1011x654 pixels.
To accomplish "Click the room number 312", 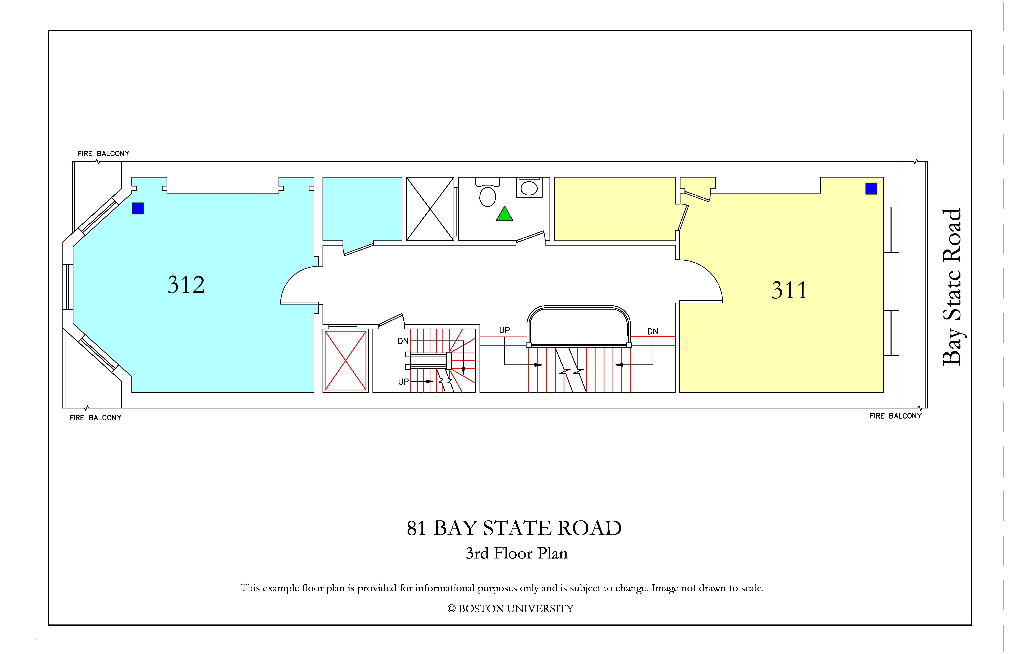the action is (186, 285).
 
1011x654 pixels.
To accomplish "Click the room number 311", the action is (789, 291).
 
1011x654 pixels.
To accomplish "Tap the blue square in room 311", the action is (871, 188).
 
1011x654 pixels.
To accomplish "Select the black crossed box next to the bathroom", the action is (430, 209).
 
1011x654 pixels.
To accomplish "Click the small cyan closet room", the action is (362, 209).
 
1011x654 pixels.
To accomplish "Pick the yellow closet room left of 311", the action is (615, 209).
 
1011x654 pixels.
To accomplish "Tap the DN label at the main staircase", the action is (653, 331).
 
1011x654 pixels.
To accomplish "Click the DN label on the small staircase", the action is (403, 341).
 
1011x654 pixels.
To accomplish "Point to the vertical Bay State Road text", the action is (952, 287).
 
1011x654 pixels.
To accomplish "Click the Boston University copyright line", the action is (510, 609).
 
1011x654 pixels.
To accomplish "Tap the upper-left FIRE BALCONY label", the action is (103, 154).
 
